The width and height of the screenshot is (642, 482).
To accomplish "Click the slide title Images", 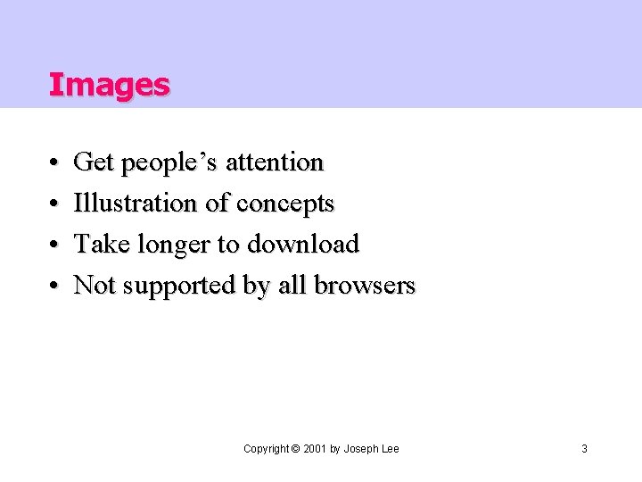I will [109, 85].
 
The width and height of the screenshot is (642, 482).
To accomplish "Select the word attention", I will [275, 162].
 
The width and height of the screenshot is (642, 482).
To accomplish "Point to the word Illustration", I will [136, 204].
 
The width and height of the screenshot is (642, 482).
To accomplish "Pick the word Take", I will [97, 244].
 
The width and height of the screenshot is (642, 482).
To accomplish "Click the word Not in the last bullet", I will [93, 285].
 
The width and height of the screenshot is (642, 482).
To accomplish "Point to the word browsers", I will [366, 285].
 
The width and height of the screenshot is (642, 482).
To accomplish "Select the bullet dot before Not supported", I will [54, 287].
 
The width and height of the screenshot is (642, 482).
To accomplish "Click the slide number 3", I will [584, 449].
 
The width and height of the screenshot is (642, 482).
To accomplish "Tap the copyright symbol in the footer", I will [295, 449].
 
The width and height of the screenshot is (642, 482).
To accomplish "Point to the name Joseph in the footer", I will [361, 449].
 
